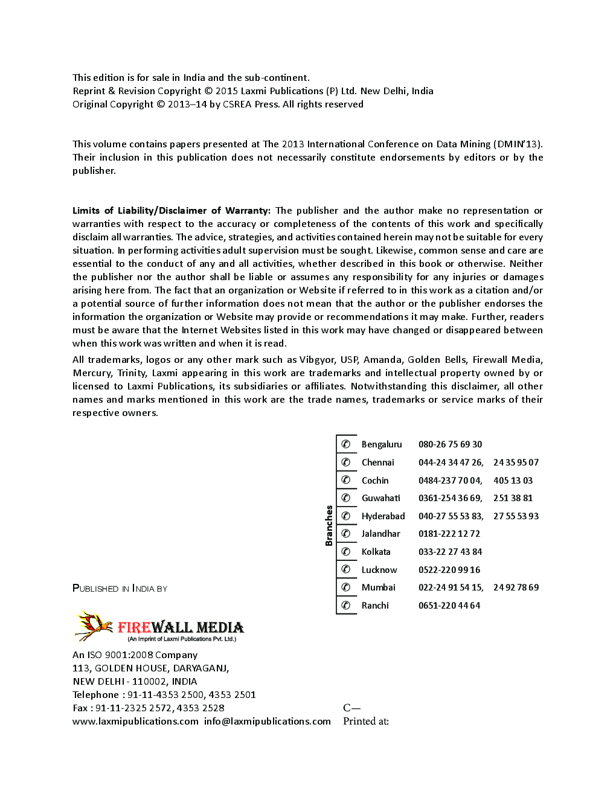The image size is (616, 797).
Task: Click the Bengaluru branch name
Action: click(381, 444)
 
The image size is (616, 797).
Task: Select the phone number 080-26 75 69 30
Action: click(450, 444)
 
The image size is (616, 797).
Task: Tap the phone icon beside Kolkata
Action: click(346, 552)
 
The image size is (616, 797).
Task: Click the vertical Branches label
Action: click(329, 525)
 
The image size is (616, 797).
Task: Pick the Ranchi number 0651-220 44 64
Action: click(449, 606)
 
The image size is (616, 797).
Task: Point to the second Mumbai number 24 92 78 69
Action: click(516, 587)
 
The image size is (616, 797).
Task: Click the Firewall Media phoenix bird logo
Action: click(94, 626)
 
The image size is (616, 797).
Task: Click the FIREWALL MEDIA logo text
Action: click(181, 627)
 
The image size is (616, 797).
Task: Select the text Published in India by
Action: click(120, 589)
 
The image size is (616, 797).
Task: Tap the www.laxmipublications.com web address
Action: click(135, 722)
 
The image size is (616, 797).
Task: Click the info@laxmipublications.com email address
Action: click(268, 722)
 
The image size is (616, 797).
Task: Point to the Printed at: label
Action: click(365, 722)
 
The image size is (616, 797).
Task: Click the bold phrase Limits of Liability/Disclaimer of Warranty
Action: click(171, 211)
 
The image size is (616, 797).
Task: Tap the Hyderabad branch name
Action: click(383, 516)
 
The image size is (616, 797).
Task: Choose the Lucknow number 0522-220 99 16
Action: click(449, 570)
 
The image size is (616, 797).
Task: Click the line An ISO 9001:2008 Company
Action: click(135, 655)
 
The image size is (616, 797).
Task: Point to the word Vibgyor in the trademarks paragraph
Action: click(316, 360)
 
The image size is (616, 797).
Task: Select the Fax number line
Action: click(148, 708)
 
